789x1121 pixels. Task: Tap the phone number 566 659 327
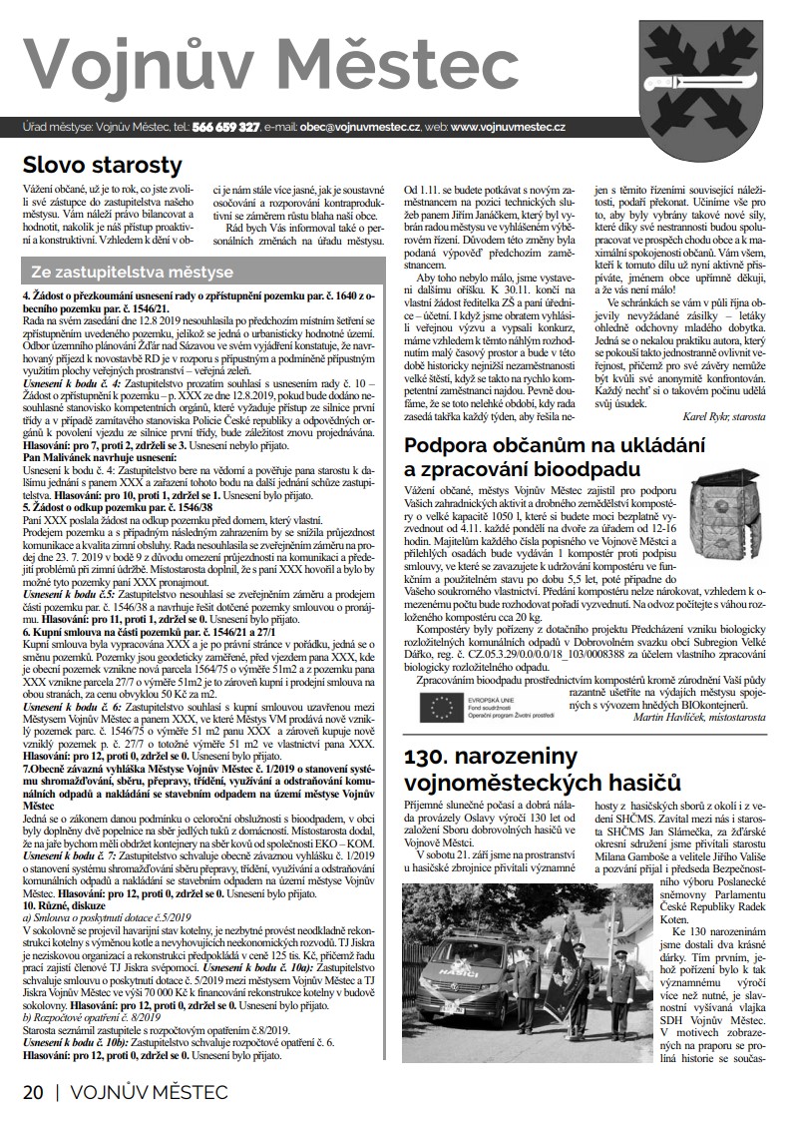(227, 128)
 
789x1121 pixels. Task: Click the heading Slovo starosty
(103, 165)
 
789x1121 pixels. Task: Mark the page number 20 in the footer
(34, 1092)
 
